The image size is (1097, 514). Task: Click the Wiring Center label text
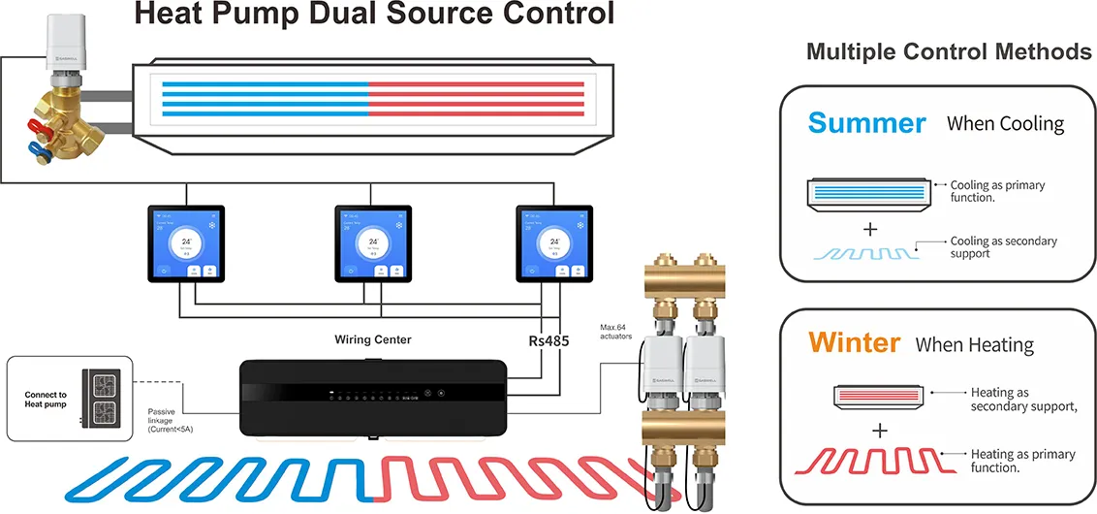point(373,339)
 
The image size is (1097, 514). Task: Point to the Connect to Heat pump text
point(46,401)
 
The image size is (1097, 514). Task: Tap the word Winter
point(854,342)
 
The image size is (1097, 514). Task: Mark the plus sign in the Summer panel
point(870,229)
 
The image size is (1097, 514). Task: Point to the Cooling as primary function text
point(996,191)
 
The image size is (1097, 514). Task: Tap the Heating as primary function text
point(1022,461)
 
